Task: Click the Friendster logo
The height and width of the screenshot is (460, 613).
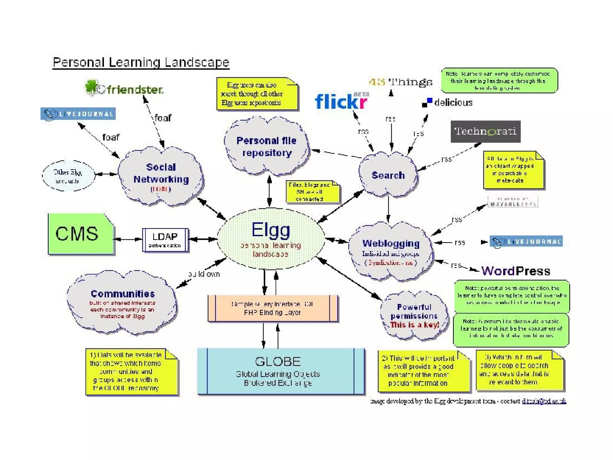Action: click(x=124, y=88)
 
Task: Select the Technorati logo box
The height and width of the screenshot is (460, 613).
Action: click(x=485, y=131)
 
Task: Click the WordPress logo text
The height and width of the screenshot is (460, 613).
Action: click(x=515, y=271)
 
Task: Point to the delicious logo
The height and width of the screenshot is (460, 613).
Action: click(x=447, y=103)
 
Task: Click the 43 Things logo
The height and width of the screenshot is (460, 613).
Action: click(x=400, y=82)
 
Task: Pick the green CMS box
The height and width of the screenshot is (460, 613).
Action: click(x=80, y=234)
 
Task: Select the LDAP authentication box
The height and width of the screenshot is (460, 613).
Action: click(x=165, y=240)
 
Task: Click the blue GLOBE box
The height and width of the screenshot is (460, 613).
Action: click(x=280, y=371)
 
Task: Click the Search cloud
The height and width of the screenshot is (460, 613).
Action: click(x=388, y=175)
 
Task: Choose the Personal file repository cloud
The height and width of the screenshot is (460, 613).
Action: click(x=266, y=147)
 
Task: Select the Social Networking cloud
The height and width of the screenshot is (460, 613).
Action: click(x=161, y=177)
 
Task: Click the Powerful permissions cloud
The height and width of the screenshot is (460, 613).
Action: click(x=414, y=316)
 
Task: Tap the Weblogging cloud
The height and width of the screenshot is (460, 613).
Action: click(x=391, y=252)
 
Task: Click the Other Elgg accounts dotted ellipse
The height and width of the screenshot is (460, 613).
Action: click(x=68, y=176)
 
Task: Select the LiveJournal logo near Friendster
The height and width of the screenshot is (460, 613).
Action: click(x=78, y=114)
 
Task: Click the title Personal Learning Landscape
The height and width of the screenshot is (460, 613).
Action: click(x=141, y=62)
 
